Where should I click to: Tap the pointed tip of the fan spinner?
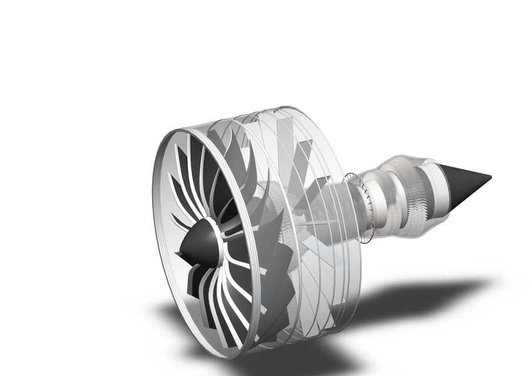coord(178,254)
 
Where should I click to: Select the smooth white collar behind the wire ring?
coord(376,203)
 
